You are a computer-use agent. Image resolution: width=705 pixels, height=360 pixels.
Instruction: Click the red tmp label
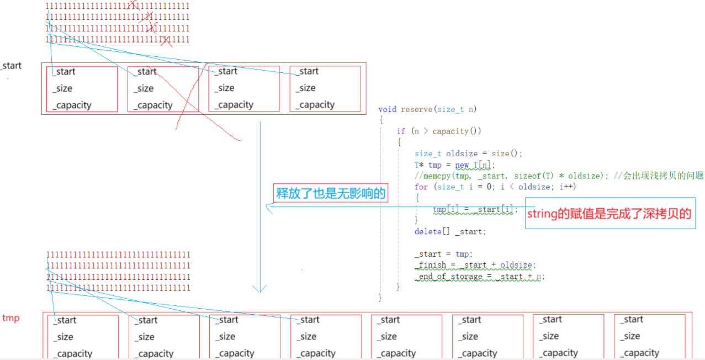10,318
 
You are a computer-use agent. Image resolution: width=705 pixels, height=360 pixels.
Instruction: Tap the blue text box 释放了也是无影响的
330,193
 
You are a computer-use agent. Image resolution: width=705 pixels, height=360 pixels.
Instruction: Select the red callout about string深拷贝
609,214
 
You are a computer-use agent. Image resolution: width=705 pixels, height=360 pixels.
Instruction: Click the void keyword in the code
388,109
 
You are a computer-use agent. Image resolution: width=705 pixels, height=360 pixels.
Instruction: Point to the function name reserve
417,109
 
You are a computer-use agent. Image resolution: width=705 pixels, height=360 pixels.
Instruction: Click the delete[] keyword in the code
428,231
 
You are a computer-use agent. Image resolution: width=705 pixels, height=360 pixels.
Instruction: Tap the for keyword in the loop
421,187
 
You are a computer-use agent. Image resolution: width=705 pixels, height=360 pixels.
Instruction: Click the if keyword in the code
401,131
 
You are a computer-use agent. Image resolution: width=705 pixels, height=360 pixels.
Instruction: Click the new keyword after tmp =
462,165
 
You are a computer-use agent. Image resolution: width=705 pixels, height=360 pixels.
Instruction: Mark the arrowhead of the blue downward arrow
259,289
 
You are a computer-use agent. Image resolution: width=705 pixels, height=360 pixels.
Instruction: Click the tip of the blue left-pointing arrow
267,207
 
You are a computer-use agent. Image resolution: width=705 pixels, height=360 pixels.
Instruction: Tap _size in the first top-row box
62,88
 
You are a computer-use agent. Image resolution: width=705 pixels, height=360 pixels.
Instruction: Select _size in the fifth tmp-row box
388,336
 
